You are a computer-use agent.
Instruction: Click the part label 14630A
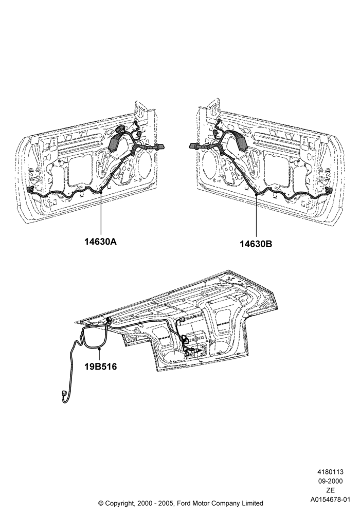point(101,242)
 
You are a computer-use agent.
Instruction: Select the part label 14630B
point(256,244)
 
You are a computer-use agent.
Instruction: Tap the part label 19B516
point(101,366)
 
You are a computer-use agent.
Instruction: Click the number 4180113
point(330,472)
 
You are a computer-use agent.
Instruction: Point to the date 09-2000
point(330,481)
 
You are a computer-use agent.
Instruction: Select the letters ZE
point(330,490)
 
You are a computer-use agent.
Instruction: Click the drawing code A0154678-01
point(330,500)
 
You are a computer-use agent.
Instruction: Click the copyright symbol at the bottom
point(101,503)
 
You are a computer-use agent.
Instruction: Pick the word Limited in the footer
point(252,503)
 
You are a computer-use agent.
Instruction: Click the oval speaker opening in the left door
point(143,164)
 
